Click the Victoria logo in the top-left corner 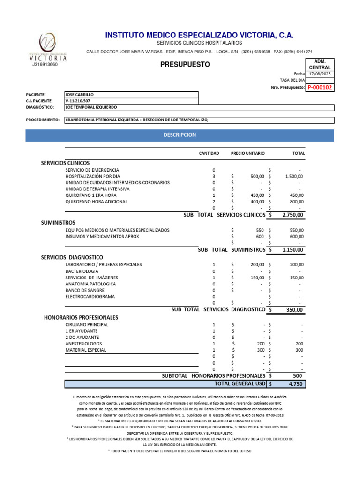point(47,46)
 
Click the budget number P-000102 point(320,87)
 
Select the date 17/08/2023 point(320,74)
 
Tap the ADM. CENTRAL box point(320,64)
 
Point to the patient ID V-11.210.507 point(78,101)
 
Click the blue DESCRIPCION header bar point(180,135)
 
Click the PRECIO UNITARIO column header point(247,153)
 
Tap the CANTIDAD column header point(209,153)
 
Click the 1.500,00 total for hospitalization point(294,176)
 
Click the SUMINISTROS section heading point(58,222)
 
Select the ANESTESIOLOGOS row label point(86,344)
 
